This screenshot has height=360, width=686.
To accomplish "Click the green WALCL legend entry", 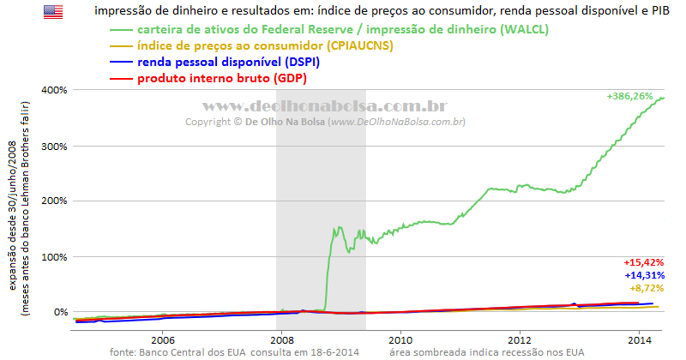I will [343, 29].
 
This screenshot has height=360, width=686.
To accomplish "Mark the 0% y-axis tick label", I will [59, 312].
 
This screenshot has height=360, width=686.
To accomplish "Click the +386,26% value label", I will [635, 97].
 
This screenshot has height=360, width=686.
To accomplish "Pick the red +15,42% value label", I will [643, 261].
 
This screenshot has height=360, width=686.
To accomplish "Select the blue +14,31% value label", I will [643, 275].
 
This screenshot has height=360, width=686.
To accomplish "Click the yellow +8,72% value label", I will [647, 289].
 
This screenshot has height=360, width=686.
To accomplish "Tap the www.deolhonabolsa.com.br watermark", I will [325, 105].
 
